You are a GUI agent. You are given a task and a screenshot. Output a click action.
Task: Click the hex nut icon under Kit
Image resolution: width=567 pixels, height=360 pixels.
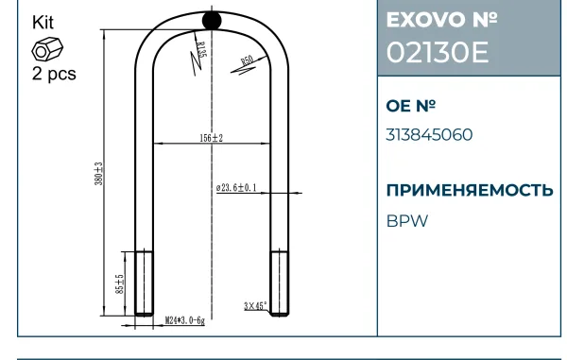pos(47,49)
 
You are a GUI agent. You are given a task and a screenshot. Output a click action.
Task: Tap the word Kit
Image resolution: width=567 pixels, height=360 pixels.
pos(43,23)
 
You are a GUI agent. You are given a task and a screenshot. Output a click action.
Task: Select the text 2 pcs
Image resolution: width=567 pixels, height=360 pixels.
pos(54,74)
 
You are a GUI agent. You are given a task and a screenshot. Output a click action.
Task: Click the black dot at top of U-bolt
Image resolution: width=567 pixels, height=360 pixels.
pos(212,20)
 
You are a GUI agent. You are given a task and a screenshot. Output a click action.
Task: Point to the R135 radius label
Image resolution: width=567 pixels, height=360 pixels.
pos(201,49)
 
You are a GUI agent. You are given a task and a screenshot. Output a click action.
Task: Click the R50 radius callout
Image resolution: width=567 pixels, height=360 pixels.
pos(248,60)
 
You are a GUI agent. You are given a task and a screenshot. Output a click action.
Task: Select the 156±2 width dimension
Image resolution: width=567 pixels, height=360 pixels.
pos(212,138)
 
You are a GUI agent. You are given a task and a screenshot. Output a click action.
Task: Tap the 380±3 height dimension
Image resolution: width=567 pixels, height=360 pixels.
pos(98,174)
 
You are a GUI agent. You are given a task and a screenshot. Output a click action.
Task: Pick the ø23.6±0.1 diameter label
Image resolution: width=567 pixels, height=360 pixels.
pos(236,188)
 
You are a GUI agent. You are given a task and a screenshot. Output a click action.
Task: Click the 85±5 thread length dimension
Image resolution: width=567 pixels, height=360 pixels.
pos(120,284)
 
